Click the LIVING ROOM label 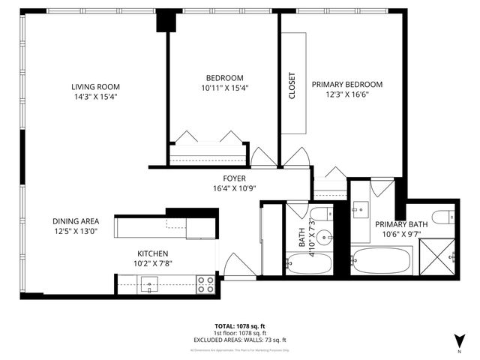click(91, 86)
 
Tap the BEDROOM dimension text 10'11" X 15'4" click(225, 88)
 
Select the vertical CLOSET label click(292, 85)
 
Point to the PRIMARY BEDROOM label click(347, 84)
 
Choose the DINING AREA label click(76, 220)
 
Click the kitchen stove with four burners click(205, 284)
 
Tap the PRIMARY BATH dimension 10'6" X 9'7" click(401, 234)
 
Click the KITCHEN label click(152, 253)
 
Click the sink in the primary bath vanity click(359, 206)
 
